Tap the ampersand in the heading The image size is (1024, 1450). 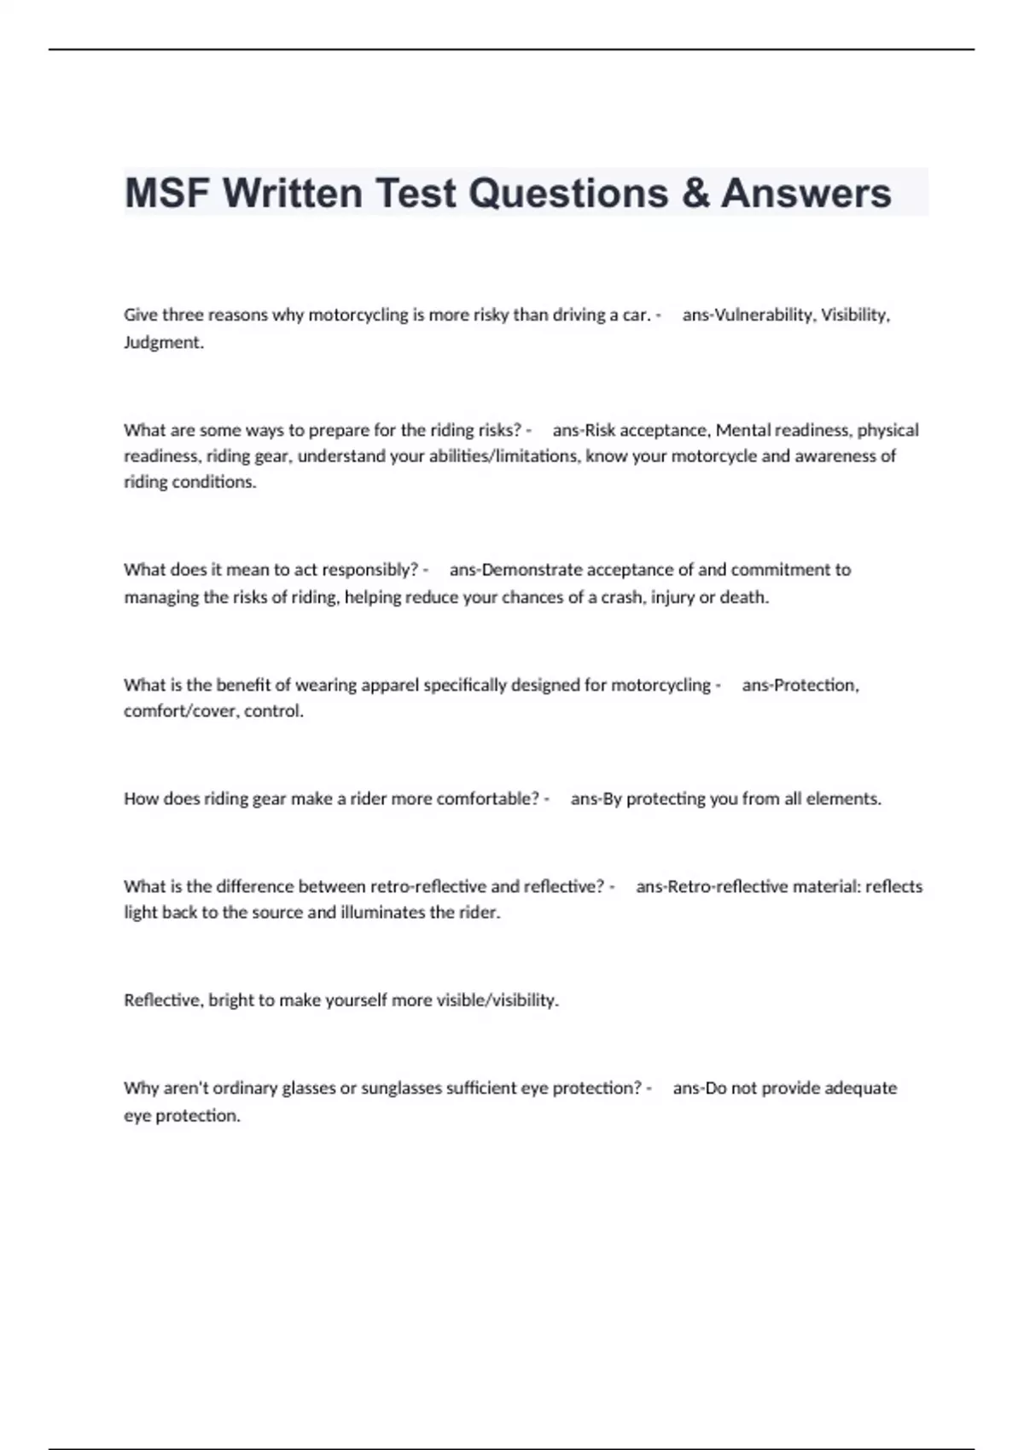pyautogui.click(x=695, y=193)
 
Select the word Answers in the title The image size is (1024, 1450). pyautogui.click(x=806, y=193)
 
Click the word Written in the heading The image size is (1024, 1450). pyautogui.click(x=293, y=193)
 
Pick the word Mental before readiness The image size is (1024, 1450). pyautogui.click(x=742, y=430)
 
